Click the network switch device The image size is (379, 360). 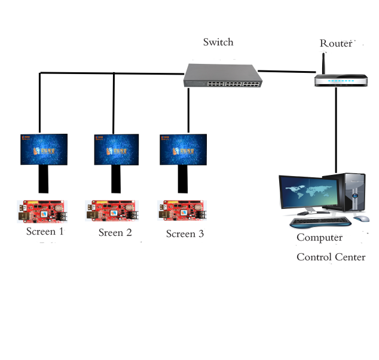click(x=222, y=75)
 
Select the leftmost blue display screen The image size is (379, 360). click(x=44, y=149)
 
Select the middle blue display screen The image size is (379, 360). click(x=117, y=149)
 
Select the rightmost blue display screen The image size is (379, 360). click(x=183, y=149)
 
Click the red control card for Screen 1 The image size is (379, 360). click(x=44, y=212)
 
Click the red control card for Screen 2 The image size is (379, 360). click(x=112, y=212)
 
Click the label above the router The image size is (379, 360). click(x=337, y=44)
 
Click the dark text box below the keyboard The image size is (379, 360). click(x=330, y=247)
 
